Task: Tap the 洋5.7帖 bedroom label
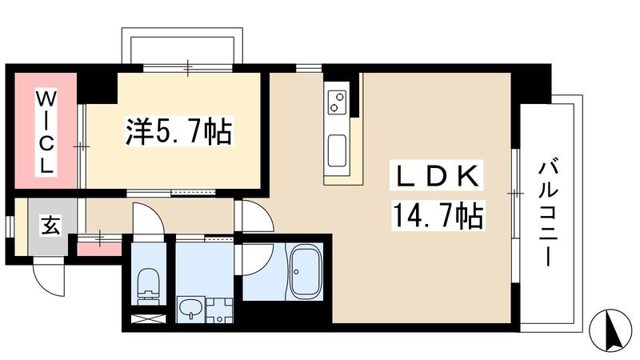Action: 178,130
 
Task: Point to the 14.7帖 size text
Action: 437,214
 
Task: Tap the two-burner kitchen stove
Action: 338,102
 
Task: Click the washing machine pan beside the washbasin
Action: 218,310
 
